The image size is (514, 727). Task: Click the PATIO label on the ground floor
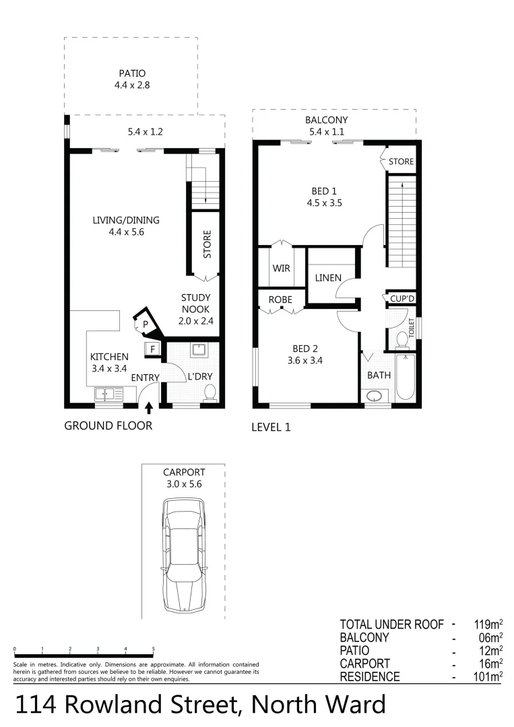point(132,73)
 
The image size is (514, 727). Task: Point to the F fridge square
point(152,349)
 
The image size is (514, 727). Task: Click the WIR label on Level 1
point(281,268)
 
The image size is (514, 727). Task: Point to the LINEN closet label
point(328,277)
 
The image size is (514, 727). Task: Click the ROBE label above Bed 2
point(280,299)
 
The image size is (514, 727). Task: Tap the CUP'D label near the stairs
point(402,298)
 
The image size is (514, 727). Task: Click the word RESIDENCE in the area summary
point(370,677)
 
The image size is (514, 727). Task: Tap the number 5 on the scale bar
point(154,649)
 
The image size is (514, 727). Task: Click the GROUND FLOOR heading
point(108,425)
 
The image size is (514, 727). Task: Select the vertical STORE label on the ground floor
point(207,244)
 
